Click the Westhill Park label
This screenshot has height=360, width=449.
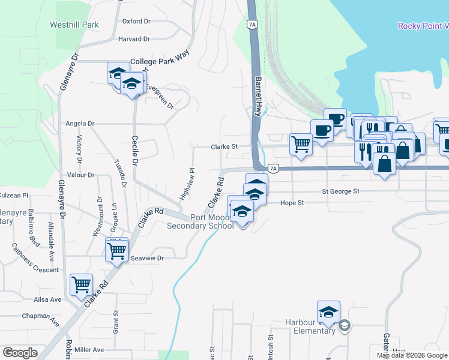point(74,25)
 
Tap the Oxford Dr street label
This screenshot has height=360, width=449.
point(136,21)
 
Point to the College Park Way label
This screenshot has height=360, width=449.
point(159,62)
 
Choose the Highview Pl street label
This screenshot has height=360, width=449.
point(187,184)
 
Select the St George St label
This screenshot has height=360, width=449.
point(340,191)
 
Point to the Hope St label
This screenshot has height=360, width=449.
point(292,203)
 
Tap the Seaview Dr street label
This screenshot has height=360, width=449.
point(147,258)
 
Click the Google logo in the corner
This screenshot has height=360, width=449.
point(20,353)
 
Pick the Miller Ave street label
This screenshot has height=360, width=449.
point(89,350)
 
